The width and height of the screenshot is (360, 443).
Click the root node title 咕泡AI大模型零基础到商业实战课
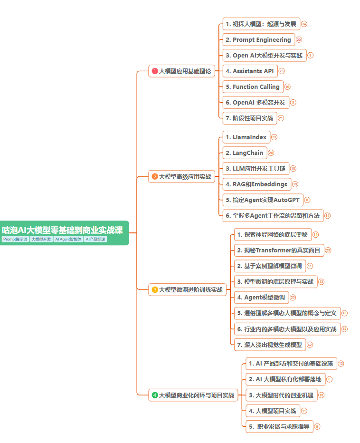pos(62,230)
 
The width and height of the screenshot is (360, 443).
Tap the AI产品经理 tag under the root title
pos(95,239)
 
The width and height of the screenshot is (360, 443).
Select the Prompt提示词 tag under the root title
pos(15,239)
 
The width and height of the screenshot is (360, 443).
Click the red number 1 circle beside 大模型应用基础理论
pos(154,71)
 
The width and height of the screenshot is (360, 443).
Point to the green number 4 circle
pos(154,395)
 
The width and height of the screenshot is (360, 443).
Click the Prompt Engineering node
pos(258,39)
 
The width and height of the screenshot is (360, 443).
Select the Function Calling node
pos(253,87)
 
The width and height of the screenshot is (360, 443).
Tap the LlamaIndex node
pos(246,137)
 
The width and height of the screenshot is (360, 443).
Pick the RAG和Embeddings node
pos(256,184)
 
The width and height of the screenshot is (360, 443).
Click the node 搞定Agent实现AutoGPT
pos(262,200)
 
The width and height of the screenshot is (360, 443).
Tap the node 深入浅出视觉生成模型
pos(269,345)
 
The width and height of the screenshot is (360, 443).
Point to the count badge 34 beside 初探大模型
pos(304,24)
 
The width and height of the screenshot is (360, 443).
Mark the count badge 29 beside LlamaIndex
pos(274,137)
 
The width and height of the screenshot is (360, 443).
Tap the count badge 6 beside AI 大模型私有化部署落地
pos(329,379)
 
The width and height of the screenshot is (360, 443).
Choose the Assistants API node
pos(250,71)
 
